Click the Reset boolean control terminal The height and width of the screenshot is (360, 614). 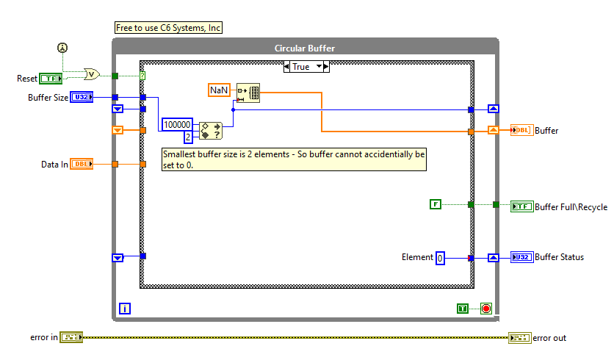point(51,78)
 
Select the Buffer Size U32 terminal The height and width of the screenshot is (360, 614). point(82,97)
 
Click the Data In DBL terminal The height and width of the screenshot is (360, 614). point(82,165)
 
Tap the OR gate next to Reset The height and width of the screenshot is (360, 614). point(92,74)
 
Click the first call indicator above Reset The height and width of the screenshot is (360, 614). point(62,48)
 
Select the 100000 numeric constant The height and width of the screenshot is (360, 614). point(178,125)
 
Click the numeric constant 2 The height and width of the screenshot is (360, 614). point(188,137)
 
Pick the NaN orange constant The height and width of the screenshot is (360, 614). point(219,90)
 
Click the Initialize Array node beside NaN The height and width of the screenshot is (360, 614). point(248,93)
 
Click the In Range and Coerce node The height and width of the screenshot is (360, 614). point(210,131)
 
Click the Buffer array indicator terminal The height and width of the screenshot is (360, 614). point(521,131)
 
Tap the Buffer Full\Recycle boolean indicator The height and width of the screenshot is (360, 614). point(522,206)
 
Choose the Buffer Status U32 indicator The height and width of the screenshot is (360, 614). point(522,257)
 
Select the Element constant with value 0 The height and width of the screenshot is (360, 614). point(440,258)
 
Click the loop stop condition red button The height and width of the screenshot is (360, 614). point(485,309)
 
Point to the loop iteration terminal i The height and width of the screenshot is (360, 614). point(124,309)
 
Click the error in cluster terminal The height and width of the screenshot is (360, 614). point(71,337)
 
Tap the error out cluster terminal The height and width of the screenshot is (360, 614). point(519,337)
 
